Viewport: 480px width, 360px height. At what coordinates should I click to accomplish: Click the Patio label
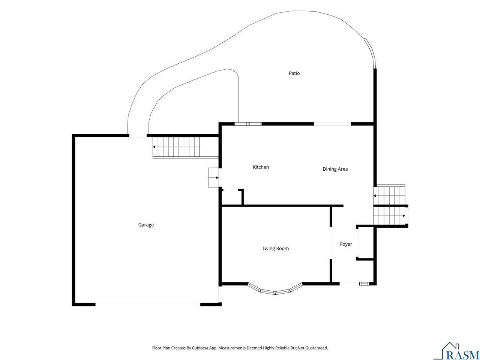pyautogui.click(x=294, y=73)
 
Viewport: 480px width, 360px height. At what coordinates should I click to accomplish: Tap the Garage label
pyautogui.click(x=146, y=225)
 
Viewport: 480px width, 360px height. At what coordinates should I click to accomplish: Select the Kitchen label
pyautogui.click(x=261, y=167)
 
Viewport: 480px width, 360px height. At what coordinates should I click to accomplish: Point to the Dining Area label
pyautogui.click(x=335, y=169)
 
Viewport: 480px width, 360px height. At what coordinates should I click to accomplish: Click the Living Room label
pyautogui.click(x=276, y=248)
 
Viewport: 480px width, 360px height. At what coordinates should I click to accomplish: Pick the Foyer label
pyautogui.click(x=346, y=244)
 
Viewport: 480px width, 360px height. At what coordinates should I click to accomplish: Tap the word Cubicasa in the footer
pyautogui.click(x=200, y=348)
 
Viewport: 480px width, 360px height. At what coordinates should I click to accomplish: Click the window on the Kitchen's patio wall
pyautogui.click(x=248, y=124)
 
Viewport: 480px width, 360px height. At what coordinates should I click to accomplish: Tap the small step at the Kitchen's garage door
pyautogui.click(x=214, y=177)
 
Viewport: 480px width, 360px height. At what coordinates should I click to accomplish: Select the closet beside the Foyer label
pyautogui.click(x=365, y=243)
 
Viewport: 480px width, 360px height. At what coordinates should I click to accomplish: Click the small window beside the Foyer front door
pyautogui.click(x=364, y=284)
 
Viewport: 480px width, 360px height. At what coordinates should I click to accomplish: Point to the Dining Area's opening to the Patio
pyautogui.click(x=332, y=124)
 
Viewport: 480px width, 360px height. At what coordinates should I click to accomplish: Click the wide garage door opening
pyautogui.click(x=148, y=304)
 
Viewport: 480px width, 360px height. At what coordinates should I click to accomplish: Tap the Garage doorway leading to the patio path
pyautogui.click(x=138, y=136)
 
